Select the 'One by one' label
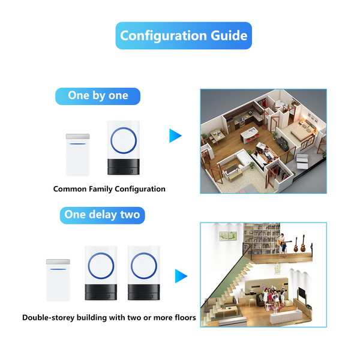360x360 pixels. [98, 96]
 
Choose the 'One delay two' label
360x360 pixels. [103, 214]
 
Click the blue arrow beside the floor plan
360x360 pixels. [175, 136]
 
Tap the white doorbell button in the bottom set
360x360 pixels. [58, 280]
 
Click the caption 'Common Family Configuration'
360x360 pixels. [109, 189]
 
